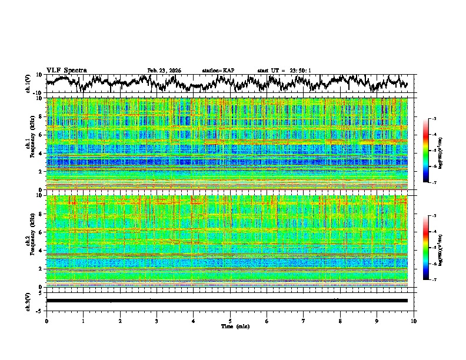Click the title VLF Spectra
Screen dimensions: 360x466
(66, 70)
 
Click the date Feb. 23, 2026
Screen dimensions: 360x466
(164, 71)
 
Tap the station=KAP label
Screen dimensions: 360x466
(218, 71)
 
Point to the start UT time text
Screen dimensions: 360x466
(284, 71)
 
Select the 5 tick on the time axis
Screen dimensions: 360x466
(230, 321)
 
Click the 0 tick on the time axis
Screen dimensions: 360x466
(46, 321)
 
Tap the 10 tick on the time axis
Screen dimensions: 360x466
(414, 321)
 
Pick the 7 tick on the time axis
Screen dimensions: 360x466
(304, 321)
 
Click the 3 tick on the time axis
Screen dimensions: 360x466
(157, 321)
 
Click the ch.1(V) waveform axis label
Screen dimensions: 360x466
(28, 84)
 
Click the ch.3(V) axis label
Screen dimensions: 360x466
(28, 301)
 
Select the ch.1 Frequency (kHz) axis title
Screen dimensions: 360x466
(31, 144)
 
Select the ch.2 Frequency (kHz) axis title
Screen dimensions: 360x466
(31, 241)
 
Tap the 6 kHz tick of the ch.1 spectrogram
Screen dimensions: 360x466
(41, 135)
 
